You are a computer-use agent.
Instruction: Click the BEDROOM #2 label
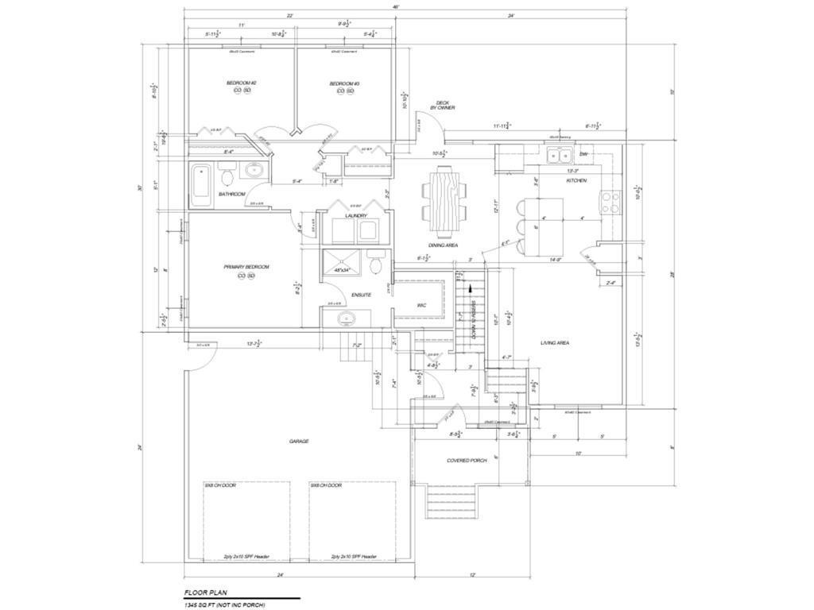point(242,83)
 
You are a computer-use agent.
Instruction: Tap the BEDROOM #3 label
point(344,83)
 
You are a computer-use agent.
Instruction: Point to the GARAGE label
point(299,441)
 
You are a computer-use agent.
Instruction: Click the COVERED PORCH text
point(467,461)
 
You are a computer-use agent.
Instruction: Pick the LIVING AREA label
point(555,343)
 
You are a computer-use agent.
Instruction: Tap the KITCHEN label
point(576,181)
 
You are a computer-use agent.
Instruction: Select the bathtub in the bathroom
point(202,185)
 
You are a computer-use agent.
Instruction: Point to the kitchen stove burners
point(611,203)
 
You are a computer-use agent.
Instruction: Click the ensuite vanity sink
point(346,319)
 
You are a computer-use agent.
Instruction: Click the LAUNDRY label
point(355,216)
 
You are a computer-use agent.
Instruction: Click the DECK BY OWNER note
point(443,105)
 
